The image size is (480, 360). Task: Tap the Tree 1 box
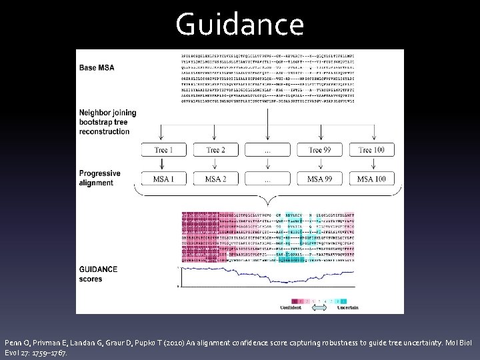[161, 150]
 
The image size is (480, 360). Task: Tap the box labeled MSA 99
[320, 179]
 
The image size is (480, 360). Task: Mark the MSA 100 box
[372, 179]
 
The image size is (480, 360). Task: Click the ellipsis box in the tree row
[267, 150]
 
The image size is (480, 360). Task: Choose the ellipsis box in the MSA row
[267, 179]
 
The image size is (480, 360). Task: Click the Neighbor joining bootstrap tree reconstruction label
[107, 122]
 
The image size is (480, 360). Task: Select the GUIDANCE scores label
[99, 274]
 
